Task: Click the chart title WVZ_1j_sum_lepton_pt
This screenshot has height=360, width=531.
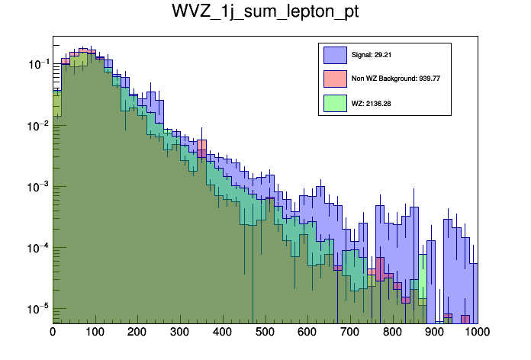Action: click(x=265, y=13)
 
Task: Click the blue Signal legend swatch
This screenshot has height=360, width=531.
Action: click(x=336, y=55)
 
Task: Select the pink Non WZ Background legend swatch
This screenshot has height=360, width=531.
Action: click(x=336, y=78)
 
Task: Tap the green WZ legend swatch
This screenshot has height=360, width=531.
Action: click(x=336, y=102)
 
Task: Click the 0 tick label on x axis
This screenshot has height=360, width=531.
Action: click(x=53, y=333)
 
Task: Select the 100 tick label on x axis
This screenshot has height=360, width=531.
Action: click(x=95, y=333)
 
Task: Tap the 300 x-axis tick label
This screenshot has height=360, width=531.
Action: click(x=180, y=333)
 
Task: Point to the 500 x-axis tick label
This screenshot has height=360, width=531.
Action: click(x=265, y=333)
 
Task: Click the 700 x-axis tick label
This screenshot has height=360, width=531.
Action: click(x=350, y=333)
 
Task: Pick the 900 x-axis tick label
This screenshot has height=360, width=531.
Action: click(x=435, y=333)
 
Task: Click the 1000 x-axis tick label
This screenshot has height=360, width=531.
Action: click(x=476, y=333)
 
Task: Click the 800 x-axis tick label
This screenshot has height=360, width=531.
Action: click(x=393, y=333)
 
